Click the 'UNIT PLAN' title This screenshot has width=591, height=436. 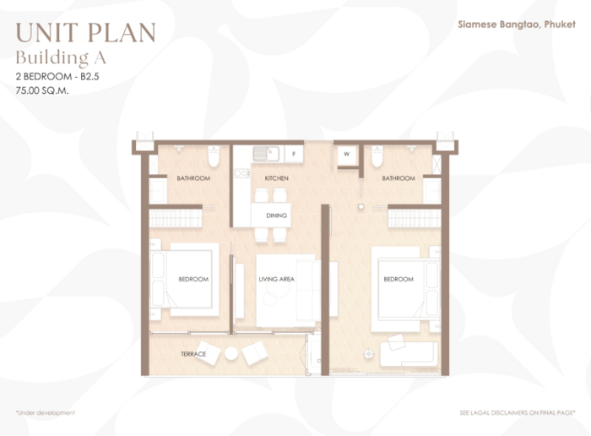(85, 32)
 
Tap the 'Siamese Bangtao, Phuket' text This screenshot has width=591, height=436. (517, 25)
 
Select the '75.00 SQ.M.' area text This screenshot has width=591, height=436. (42, 90)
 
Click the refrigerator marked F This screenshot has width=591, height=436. (294, 154)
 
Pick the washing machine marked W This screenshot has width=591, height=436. (347, 155)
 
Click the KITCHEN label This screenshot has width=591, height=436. (276, 178)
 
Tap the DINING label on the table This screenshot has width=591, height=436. (276, 215)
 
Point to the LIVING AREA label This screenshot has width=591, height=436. (276, 279)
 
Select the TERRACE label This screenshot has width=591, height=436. (193, 354)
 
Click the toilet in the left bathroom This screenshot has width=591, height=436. (214, 156)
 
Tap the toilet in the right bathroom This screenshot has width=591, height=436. (377, 156)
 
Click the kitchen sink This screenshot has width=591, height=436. (266, 154)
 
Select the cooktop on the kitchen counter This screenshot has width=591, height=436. (241, 173)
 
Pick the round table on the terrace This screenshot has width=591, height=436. (231, 353)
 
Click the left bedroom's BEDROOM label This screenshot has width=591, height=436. (193, 279)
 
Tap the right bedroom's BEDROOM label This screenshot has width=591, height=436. (399, 279)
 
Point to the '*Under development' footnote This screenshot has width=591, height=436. (46, 412)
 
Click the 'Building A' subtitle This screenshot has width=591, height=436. (61, 57)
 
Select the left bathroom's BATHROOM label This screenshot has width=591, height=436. (193, 178)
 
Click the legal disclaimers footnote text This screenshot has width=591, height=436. (518, 412)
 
